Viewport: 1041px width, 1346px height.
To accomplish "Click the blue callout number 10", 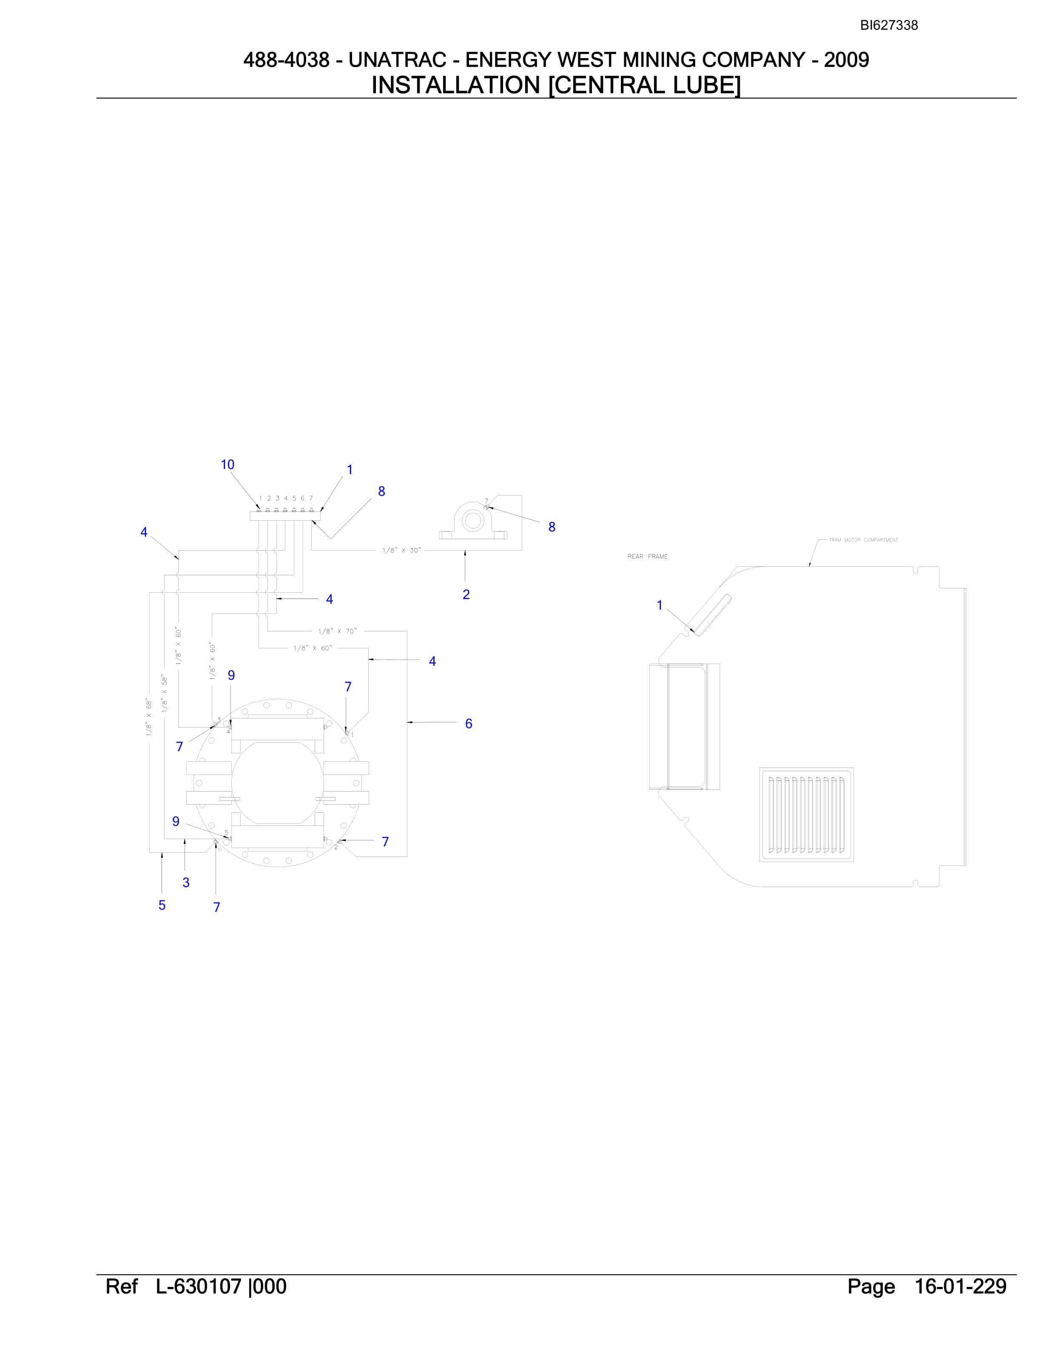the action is pos(228,465).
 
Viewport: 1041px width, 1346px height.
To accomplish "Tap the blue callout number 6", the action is pos(469,724).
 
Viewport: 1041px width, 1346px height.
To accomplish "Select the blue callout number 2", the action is pos(466,594).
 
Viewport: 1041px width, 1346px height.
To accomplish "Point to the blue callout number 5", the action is pos(162,905).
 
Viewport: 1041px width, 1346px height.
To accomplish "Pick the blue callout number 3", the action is pos(186,882).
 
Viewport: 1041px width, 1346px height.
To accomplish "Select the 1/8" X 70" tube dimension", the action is pos(337,631).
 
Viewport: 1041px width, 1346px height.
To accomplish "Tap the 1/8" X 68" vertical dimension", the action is pos(148,717).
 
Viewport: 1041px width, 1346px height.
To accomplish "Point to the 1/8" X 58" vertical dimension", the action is pos(165,693).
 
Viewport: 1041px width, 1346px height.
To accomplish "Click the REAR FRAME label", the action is pos(648,557).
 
